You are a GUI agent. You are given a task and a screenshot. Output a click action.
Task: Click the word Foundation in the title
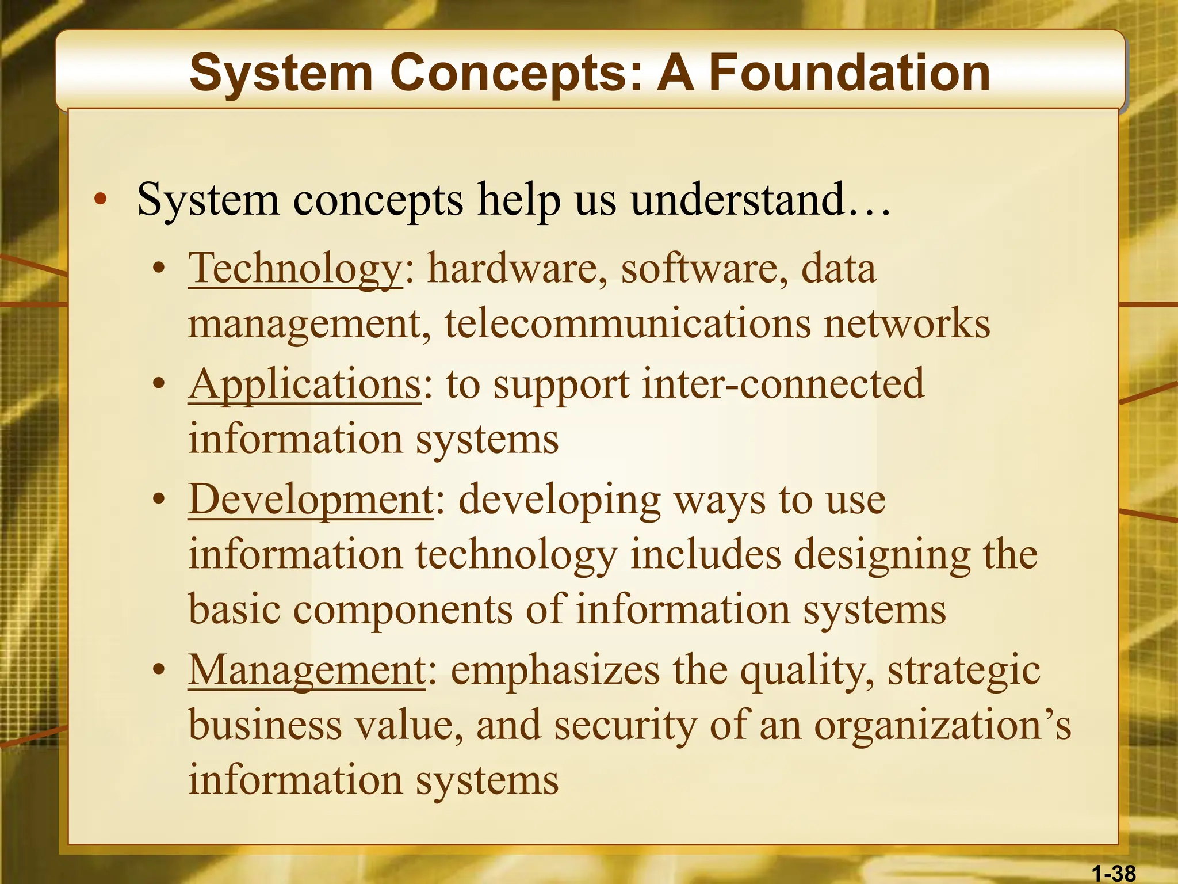[x=849, y=73]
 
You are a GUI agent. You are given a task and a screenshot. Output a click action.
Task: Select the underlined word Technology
[x=296, y=269]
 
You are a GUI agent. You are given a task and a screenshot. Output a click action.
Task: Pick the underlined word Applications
[x=305, y=384]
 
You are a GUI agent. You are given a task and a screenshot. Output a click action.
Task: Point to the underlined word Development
[x=311, y=500]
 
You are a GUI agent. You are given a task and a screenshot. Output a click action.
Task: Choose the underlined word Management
[x=307, y=671]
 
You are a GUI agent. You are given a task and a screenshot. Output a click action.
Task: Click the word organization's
[x=943, y=726]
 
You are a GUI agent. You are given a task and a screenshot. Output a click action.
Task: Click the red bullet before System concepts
[x=101, y=200]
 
